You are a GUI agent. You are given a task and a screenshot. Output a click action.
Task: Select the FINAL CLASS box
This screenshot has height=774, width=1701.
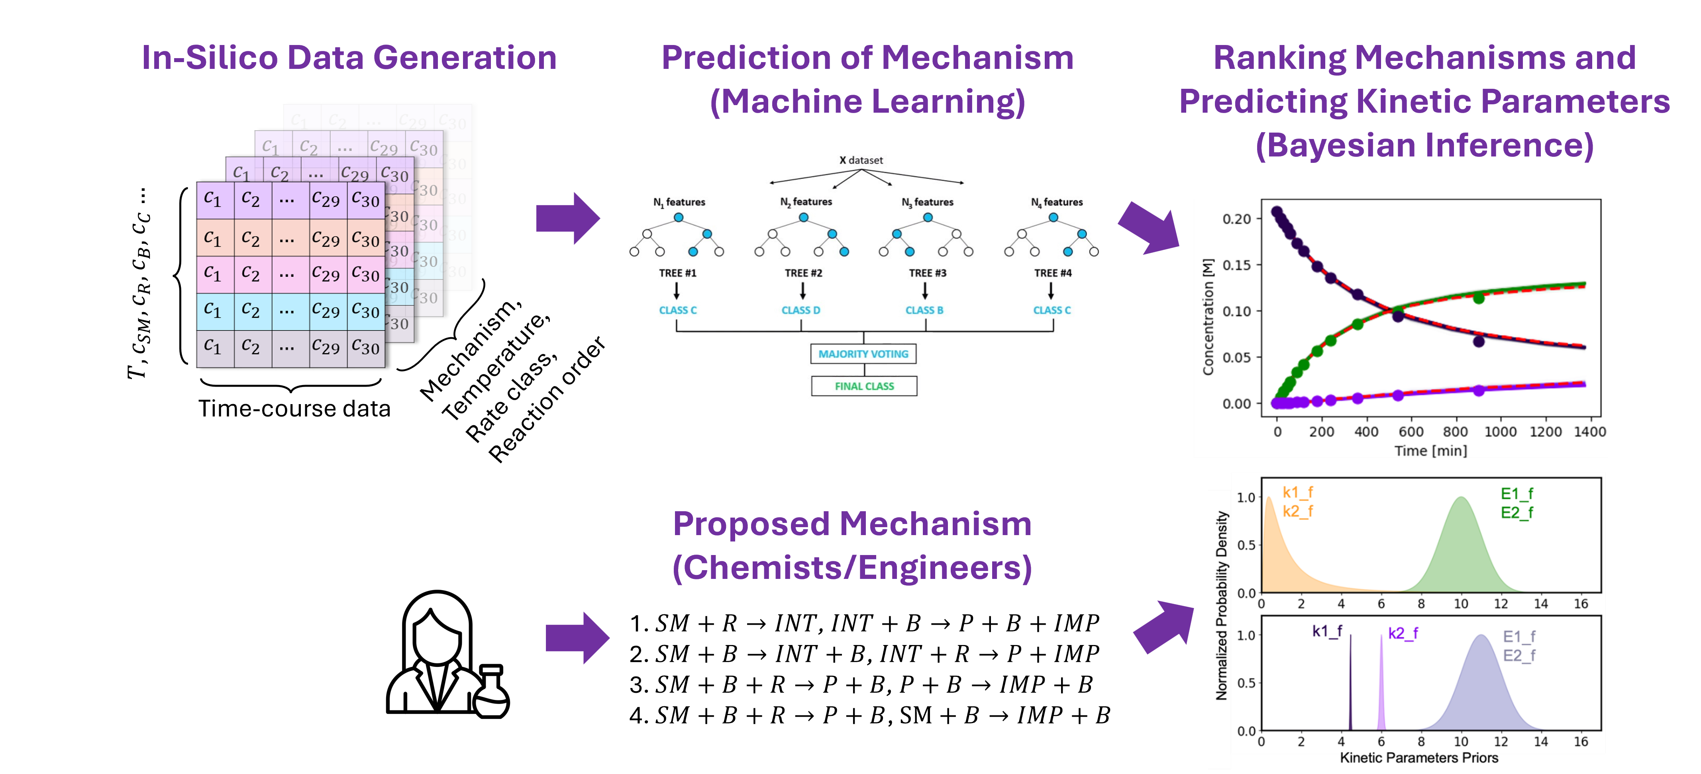tap(864, 386)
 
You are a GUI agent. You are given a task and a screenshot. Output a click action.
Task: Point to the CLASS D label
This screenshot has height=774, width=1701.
tap(801, 310)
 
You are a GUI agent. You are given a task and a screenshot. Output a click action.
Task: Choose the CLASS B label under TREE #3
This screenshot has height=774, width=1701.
tap(924, 310)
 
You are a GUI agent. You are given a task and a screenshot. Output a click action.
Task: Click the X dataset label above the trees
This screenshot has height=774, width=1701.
tap(861, 160)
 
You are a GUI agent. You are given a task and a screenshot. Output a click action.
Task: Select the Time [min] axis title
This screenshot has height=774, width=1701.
tap(1430, 451)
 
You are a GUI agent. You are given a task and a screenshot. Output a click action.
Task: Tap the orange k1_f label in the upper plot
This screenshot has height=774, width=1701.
tap(1297, 492)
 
